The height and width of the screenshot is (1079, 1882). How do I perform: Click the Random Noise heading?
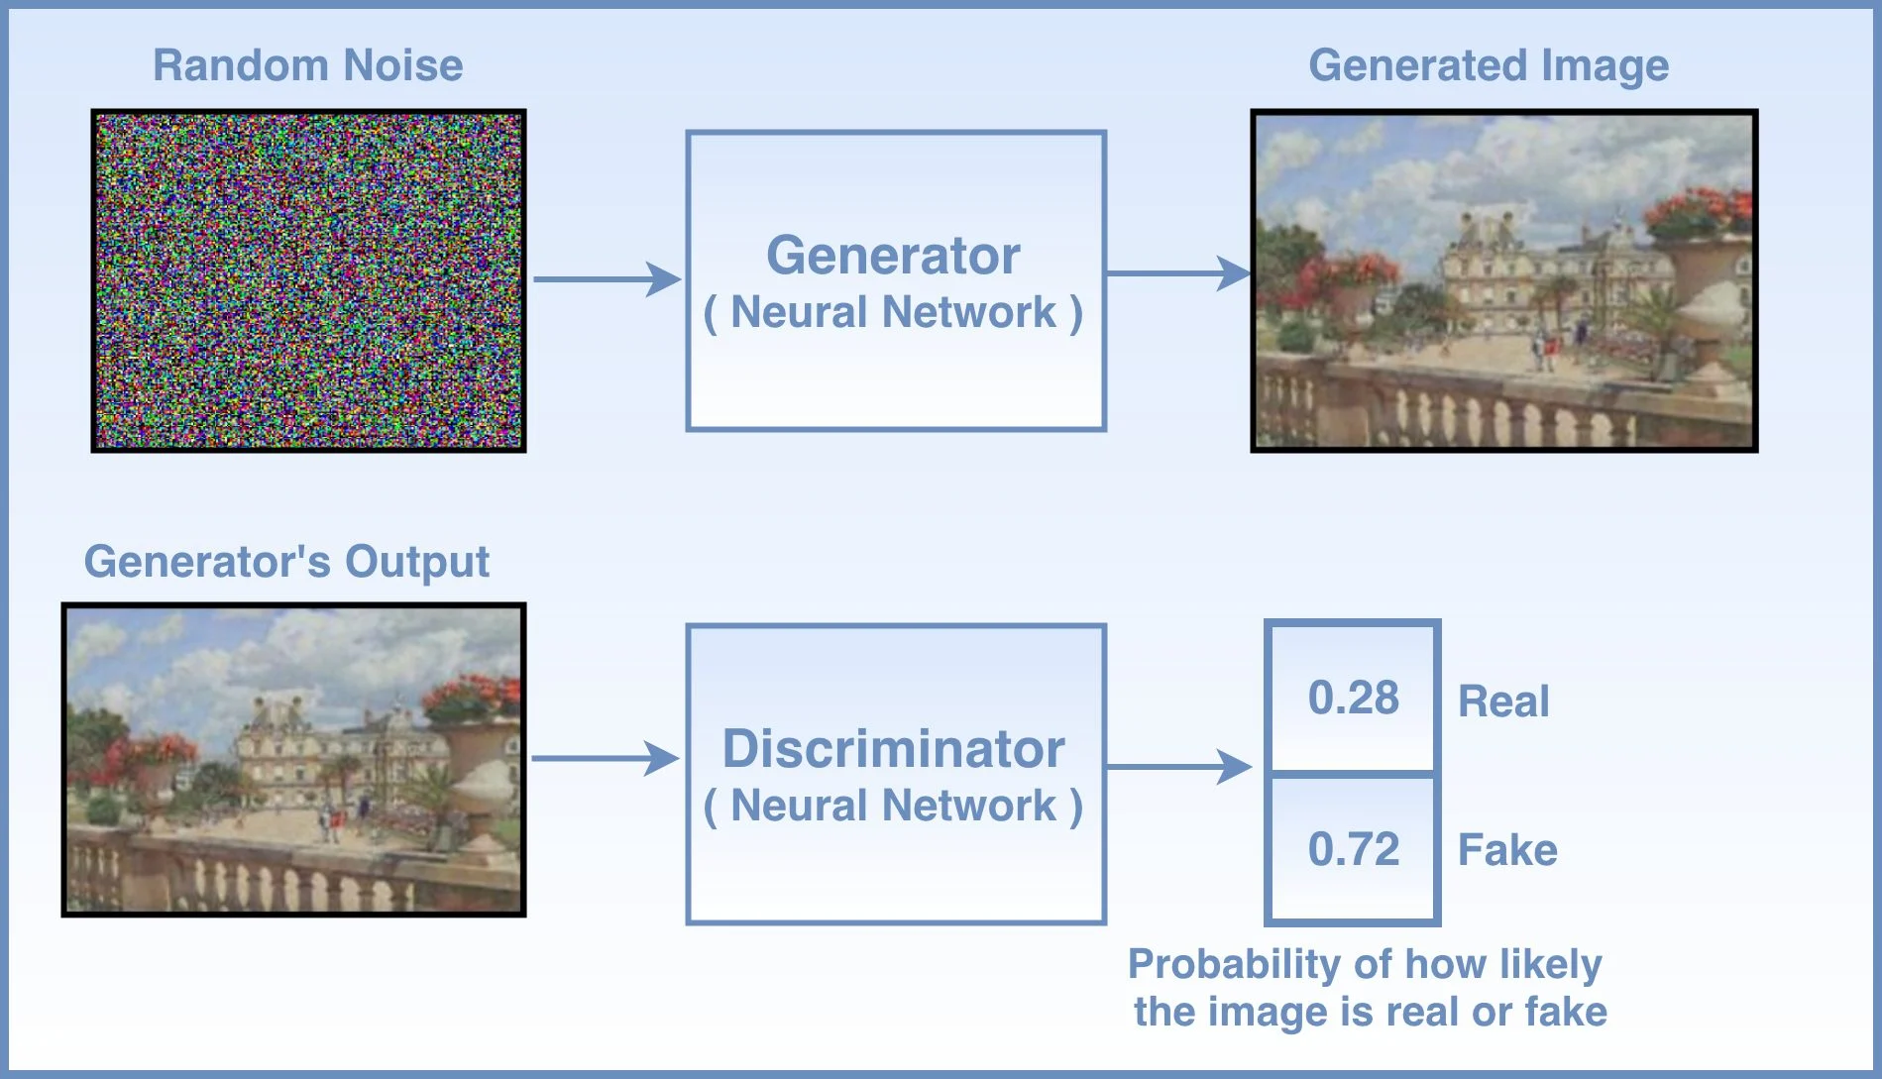[307, 65]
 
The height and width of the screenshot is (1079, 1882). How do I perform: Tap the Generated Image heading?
[1489, 65]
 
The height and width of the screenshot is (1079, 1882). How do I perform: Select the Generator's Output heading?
[286, 562]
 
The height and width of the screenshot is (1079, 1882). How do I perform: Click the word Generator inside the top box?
[893, 256]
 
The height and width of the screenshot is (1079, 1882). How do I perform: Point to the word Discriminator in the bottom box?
[893, 748]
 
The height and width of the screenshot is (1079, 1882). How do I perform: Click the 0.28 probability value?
[1353, 698]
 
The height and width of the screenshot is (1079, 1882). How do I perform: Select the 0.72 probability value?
[1353, 849]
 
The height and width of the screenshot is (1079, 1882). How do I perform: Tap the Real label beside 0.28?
[1503, 701]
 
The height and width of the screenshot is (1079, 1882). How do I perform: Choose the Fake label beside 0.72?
[1507, 850]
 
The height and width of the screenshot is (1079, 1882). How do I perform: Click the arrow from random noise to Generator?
[607, 279]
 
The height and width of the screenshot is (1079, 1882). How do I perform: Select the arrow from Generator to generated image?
[1178, 273]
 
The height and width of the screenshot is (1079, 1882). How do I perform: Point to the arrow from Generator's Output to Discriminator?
[605, 759]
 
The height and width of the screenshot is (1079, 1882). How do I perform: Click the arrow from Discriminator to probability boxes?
[1178, 766]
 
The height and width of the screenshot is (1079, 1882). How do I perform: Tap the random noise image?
[308, 280]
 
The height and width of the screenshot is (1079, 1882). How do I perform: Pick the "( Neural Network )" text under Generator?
[893, 312]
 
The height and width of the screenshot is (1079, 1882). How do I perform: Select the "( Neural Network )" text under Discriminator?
[893, 806]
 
